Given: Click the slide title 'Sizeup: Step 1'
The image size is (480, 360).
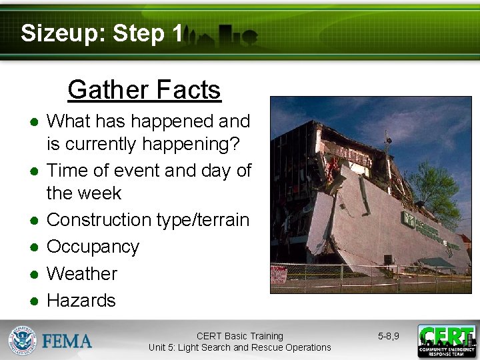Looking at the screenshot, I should (101, 33).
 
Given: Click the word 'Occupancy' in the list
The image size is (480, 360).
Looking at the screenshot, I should (93, 247).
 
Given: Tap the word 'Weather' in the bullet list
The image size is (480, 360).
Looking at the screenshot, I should (81, 273).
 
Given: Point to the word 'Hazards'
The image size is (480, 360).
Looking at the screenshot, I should (81, 300).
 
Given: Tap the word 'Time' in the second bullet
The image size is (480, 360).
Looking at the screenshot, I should (67, 171).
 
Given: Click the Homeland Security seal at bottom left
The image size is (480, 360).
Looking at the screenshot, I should (21, 341).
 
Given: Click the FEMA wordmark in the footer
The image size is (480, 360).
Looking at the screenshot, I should (67, 341).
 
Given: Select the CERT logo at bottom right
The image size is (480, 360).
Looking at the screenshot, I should (446, 341).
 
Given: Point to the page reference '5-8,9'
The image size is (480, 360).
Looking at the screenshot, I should (388, 336).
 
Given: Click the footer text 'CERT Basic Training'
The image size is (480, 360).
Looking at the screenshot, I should (239, 336).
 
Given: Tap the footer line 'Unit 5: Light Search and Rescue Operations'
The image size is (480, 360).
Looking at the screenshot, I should (239, 347).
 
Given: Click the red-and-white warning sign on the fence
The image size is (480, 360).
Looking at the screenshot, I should (278, 274).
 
